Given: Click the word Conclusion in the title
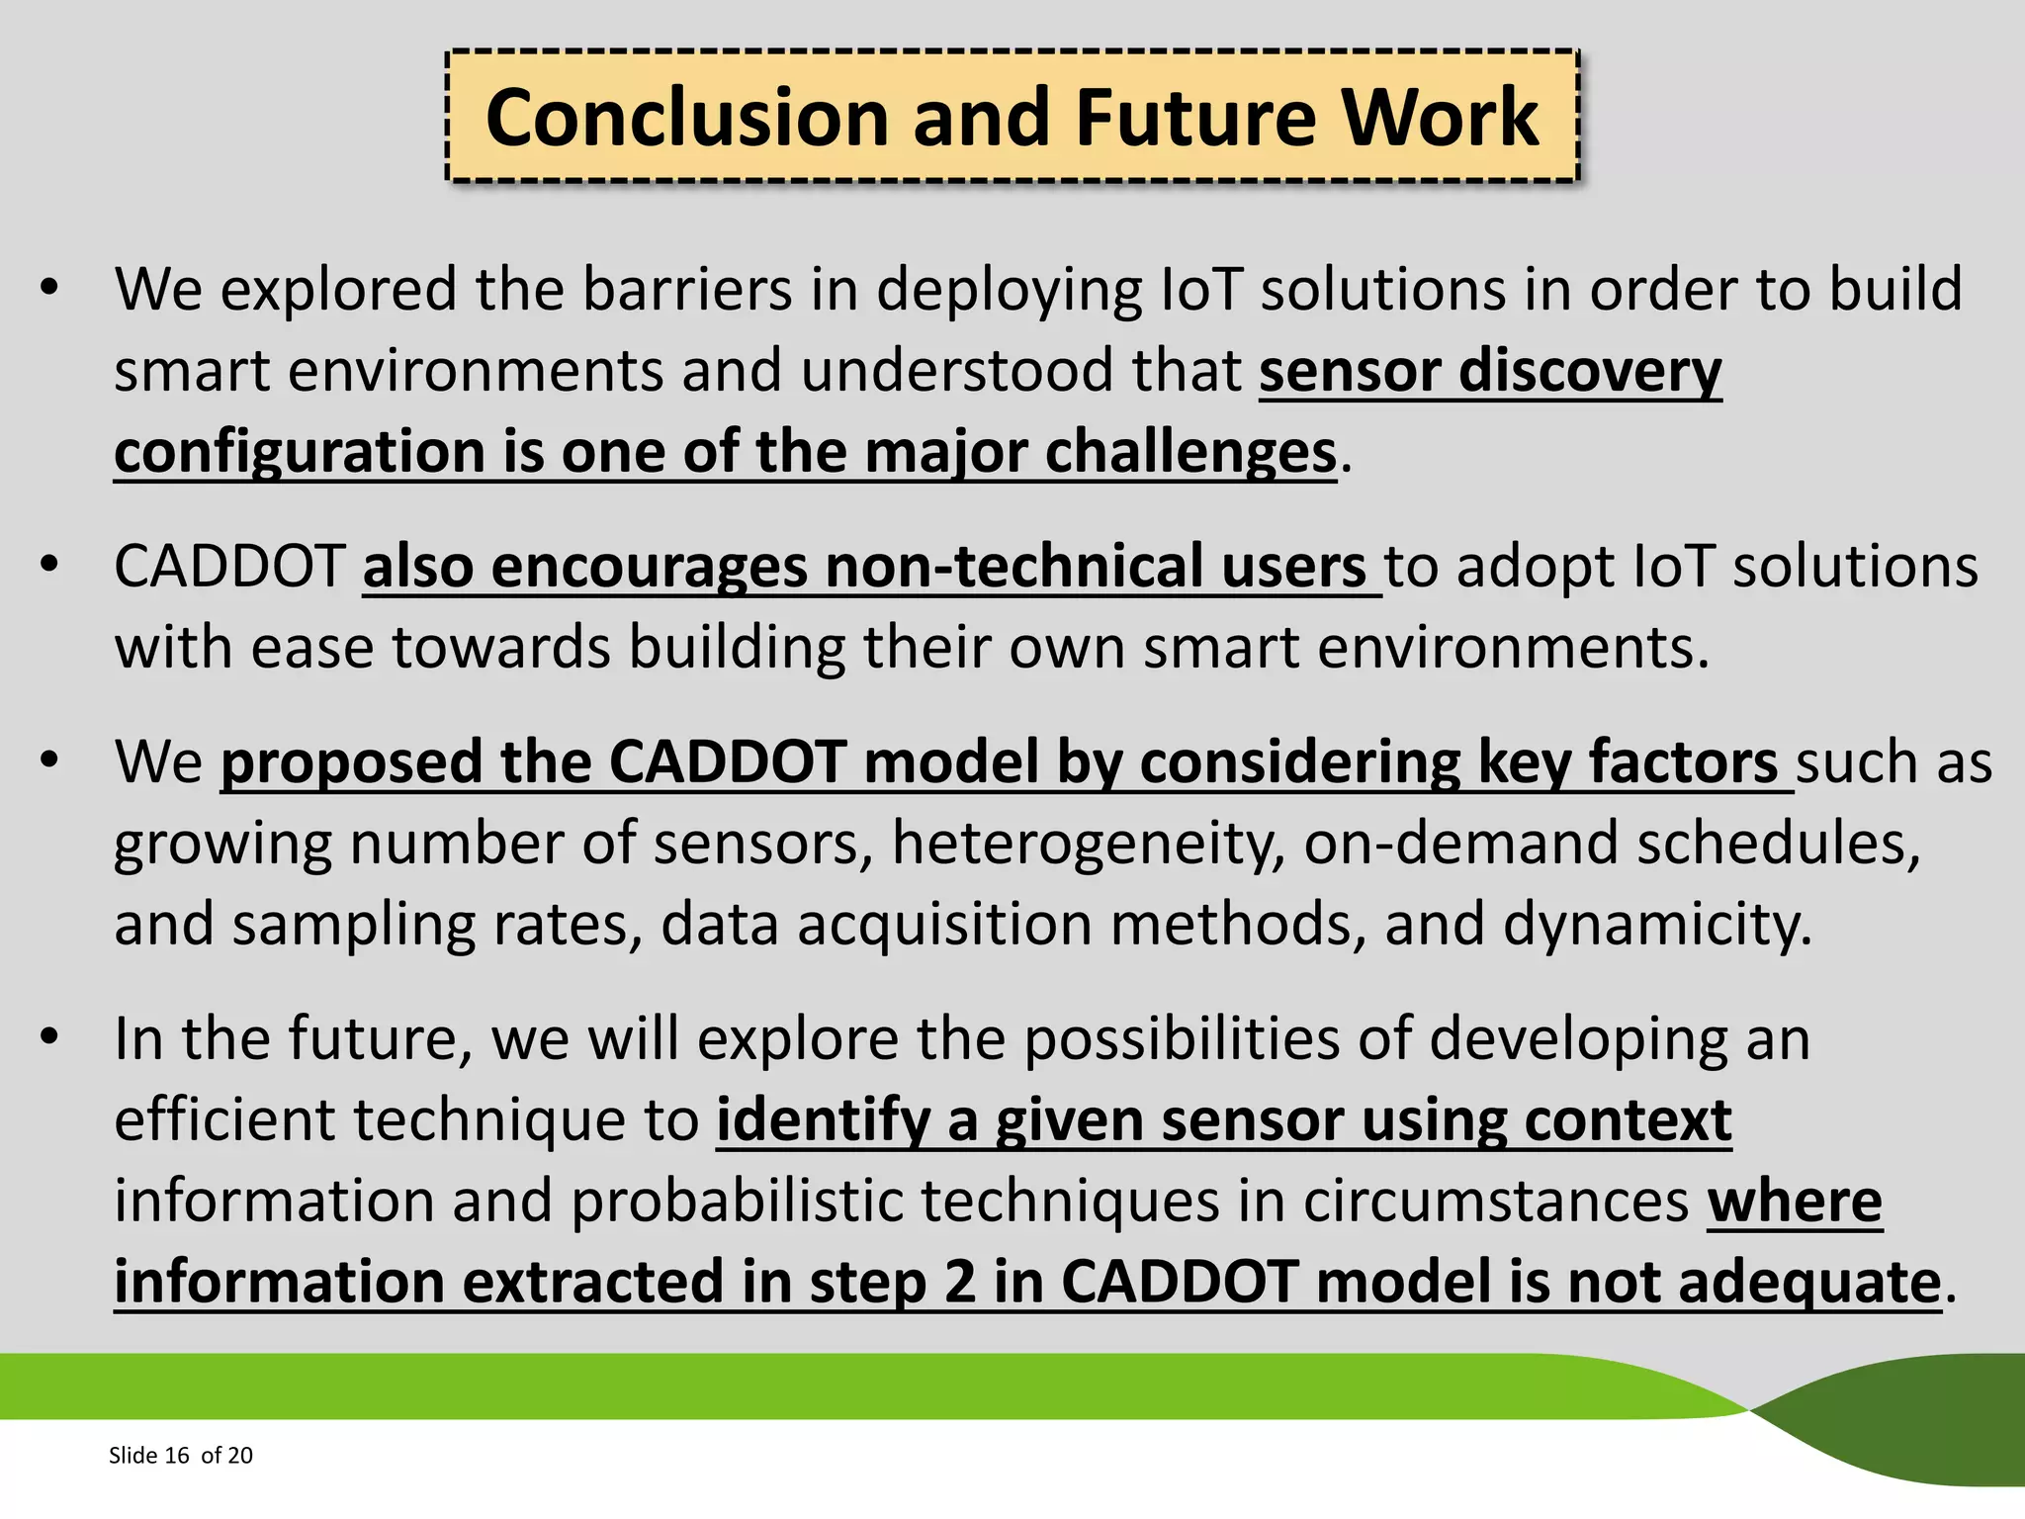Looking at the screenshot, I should tap(688, 119).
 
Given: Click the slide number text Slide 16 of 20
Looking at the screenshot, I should tap(180, 1455).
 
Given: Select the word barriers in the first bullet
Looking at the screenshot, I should tap(687, 290).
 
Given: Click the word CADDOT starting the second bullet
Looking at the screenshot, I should tap(229, 568).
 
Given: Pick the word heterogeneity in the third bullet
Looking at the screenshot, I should tap(1088, 844).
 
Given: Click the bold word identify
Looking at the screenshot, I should tap(823, 1120).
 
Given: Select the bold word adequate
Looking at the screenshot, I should tap(1808, 1283).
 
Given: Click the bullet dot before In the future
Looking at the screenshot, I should tap(49, 1037).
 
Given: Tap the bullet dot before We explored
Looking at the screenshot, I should tap(49, 288).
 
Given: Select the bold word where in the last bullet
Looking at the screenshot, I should tap(1794, 1202).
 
